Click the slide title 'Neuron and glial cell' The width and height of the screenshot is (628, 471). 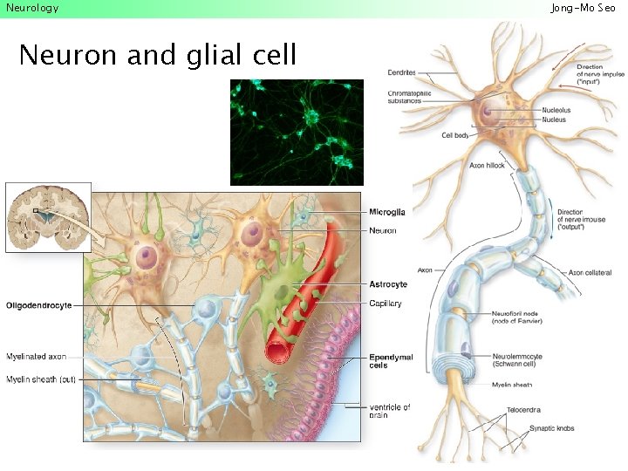(x=157, y=56)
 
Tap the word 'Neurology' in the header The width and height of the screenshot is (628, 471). (x=32, y=8)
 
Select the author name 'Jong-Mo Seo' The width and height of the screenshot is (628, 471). (x=589, y=8)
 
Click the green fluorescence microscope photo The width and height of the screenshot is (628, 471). (x=297, y=132)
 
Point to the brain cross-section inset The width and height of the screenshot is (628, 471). (x=48, y=217)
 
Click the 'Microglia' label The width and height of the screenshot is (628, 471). (x=386, y=212)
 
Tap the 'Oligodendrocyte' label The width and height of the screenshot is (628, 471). (x=38, y=305)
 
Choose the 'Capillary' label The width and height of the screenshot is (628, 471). (x=385, y=304)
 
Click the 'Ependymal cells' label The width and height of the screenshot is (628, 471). (x=388, y=361)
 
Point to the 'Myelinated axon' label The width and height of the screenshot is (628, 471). (x=36, y=357)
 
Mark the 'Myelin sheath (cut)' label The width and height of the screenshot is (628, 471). (x=40, y=379)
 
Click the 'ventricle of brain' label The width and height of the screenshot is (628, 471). (x=388, y=410)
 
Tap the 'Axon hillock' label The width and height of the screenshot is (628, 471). (x=488, y=165)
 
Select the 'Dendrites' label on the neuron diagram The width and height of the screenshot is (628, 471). (x=402, y=72)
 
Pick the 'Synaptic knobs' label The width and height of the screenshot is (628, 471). (x=552, y=428)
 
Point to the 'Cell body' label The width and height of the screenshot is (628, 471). (x=456, y=135)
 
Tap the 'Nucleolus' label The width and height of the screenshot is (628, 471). (x=556, y=110)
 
